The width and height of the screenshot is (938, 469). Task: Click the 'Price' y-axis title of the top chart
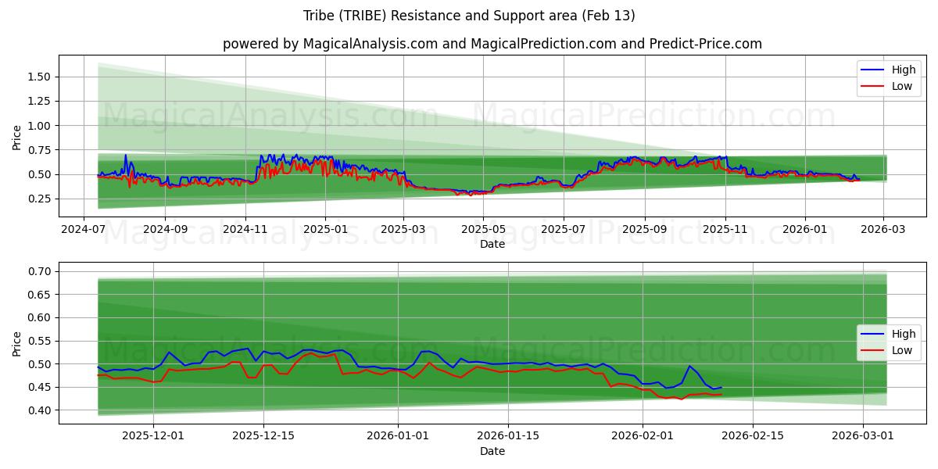[x=17, y=138]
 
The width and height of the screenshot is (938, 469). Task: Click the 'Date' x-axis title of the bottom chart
[x=492, y=452]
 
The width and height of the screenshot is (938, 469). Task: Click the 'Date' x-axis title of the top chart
[x=492, y=244]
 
